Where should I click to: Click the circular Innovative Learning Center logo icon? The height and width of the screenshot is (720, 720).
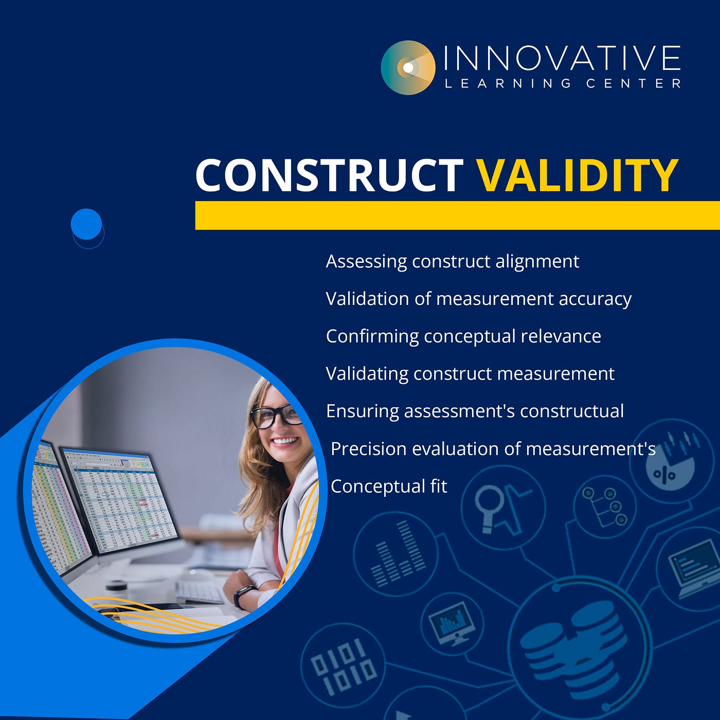click(x=408, y=67)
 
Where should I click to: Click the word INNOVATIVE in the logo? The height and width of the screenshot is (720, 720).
click(x=562, y=58)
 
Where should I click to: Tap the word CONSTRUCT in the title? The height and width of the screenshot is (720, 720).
click(x=329, y=175)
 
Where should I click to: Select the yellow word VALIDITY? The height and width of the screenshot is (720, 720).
click(x=578, y=175)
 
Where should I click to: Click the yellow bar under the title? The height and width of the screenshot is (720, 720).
click(x=457, y=215)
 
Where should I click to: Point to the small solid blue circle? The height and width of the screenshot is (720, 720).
click(x=86, y=224)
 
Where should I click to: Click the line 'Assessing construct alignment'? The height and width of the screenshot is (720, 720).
click(x=453, y=261)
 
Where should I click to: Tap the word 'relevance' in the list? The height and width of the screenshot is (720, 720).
click(x=561, y=336)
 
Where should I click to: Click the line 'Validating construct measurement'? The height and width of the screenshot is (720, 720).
click(x=470, y=374)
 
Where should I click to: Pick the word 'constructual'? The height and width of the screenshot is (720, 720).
click(x=572, y=411)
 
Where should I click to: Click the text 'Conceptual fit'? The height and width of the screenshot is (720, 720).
click(x=389, y=486)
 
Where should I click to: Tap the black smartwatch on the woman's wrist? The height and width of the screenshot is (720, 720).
click(x=243, y=596)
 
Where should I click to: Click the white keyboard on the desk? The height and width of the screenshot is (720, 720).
click(x=200, y=591)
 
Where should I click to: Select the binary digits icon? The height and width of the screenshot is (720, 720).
click(x=344, y=666)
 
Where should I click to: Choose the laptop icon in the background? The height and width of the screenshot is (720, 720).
click(x=694, y=568)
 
